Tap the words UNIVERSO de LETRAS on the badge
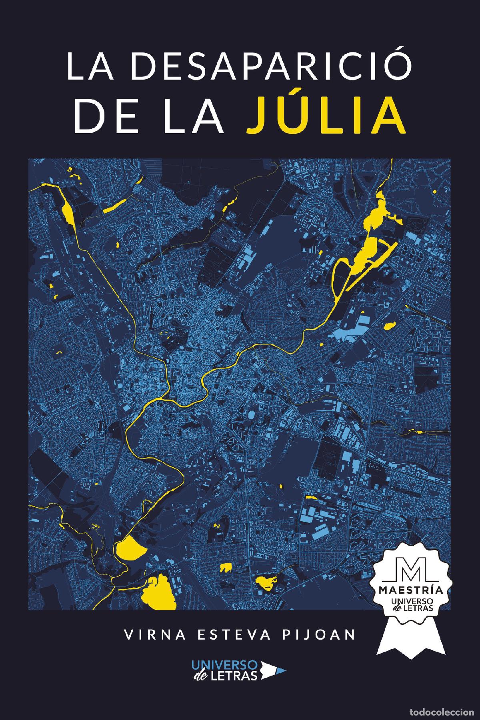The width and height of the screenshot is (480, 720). click(x=412, y=604)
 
